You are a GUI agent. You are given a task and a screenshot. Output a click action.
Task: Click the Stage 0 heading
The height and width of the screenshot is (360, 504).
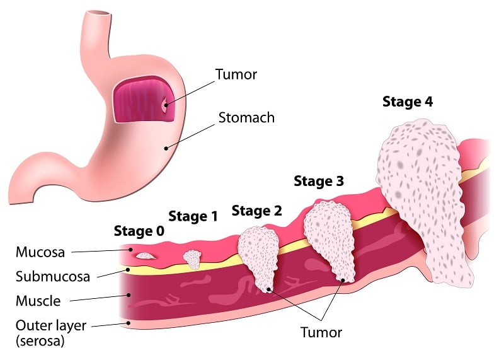[139, 231]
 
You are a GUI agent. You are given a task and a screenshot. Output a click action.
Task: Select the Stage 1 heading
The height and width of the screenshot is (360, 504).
[193, 216]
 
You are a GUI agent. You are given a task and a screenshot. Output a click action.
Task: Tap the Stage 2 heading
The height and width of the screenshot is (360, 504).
[256, 211]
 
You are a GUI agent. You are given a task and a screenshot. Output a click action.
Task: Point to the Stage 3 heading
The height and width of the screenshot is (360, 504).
[319, 181]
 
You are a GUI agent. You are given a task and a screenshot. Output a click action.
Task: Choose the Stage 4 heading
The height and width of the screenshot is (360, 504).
[408, 102]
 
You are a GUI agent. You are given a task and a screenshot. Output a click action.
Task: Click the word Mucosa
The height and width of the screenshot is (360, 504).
[40, 252]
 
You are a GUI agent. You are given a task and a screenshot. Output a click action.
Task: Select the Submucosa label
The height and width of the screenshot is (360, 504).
[53, 277]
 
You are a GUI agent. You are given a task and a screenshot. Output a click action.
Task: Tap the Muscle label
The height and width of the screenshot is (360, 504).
[38, 301]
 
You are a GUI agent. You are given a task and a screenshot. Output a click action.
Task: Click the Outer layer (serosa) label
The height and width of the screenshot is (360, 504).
[51, 333]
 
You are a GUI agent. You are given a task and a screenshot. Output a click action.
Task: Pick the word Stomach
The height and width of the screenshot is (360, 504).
[246, 117]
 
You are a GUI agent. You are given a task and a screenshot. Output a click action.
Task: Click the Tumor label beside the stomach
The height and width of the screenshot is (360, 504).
[236, 74]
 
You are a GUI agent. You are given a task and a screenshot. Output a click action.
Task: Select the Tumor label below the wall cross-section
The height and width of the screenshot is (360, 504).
[321, 332]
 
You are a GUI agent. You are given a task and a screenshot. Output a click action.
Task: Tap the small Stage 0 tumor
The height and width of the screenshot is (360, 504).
[146, 256]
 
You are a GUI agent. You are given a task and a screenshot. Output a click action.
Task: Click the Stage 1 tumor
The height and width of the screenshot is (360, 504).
[192, 259]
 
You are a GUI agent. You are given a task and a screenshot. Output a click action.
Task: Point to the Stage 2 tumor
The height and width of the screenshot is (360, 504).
[259, 257]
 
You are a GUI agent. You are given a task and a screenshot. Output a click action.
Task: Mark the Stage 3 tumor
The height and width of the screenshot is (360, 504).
[330, 240]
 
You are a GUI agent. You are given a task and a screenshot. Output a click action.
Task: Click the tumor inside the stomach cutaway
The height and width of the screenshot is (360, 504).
[165, 105]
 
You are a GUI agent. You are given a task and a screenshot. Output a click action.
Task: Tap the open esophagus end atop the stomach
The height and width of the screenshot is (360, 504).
[100, 13]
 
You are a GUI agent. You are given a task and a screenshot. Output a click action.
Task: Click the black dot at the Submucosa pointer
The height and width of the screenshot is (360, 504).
[128, 270]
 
